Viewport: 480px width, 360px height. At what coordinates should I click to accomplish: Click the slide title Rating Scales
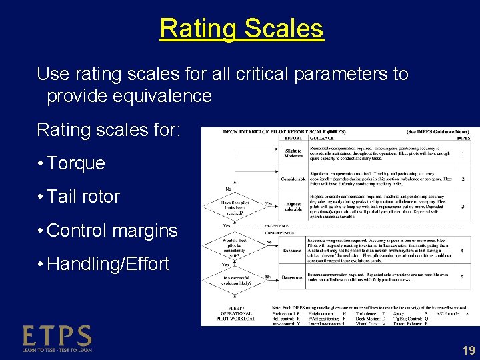click(241, 29)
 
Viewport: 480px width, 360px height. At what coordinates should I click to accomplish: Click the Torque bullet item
click(76, 163)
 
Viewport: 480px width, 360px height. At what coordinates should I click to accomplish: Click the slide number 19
click(468, 349)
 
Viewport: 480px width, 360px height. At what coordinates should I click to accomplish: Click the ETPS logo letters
click(57, 335)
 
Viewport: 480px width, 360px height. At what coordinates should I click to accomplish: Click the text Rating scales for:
click(108, 129)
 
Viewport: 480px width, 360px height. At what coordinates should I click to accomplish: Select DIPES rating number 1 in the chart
click(462, 153)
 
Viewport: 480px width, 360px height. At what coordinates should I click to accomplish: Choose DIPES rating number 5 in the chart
click(462, 277)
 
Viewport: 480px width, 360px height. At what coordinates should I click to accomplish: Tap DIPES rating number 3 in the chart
click(462, 206)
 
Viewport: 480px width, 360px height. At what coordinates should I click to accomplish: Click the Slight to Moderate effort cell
click(293, 153)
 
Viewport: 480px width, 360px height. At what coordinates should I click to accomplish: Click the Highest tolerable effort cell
click(293, 206)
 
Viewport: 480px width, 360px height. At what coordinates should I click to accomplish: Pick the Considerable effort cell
click(293, 179)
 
